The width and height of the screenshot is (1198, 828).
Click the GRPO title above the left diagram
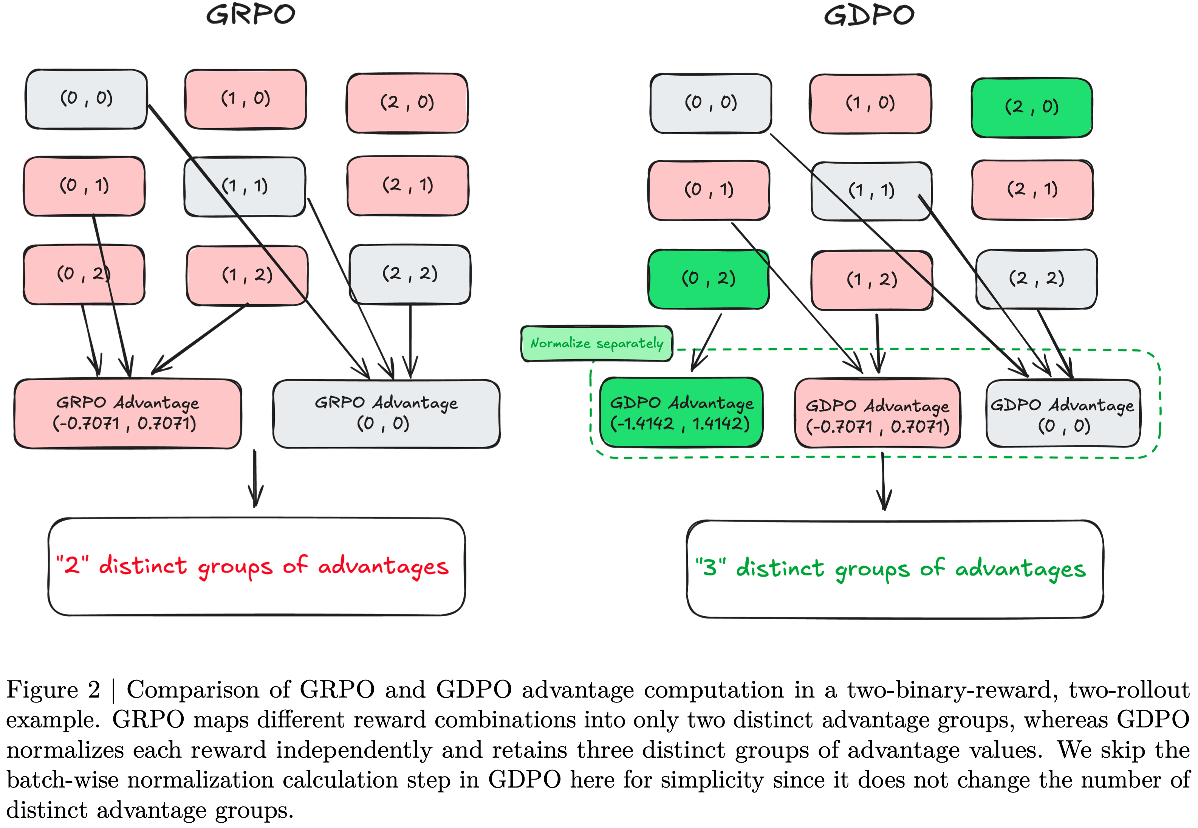pos(251,14)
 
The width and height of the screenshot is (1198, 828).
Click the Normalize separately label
pos(596,343)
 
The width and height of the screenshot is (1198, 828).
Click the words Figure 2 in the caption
pos(53,690)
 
